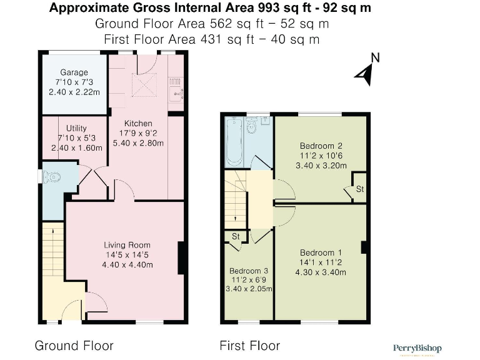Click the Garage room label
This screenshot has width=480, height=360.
coord(74,72)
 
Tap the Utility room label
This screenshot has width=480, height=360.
coord(76,128)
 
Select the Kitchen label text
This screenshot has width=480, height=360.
coord(138,123)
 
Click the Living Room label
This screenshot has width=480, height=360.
coord(127,244)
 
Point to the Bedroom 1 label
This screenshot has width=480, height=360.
coord(321,252)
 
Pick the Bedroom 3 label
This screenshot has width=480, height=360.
coord(248,271)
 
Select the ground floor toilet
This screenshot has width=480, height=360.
coord(52,177)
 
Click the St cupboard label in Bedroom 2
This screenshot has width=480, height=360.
coord(359,189)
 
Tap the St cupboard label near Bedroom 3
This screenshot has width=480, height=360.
coord(236,236)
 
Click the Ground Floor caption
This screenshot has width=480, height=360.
coord(74,346)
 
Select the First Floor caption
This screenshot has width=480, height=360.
coord(249,346)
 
